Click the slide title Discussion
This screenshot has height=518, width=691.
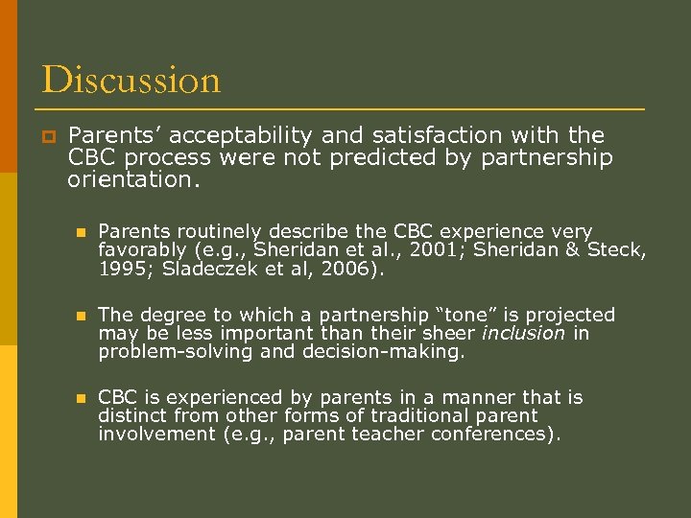click(x=131, y=80)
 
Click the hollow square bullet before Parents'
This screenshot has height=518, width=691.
click(x=47, y=136)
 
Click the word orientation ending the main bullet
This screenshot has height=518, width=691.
click(x=132, y=178)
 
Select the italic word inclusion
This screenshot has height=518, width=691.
click(x=524, y=333)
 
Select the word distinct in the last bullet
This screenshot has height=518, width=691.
click(x=130, y=416)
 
